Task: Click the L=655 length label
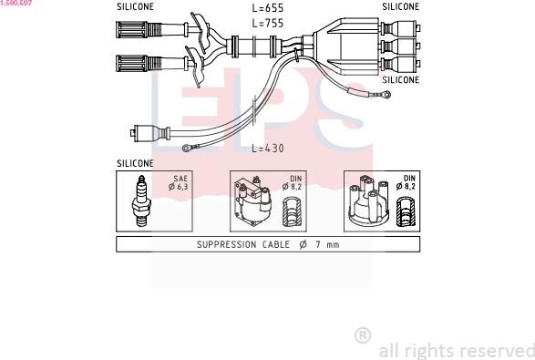268,8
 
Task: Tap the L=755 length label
268,23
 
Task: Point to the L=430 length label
268,148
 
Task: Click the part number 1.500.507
16,3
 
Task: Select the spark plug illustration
141,201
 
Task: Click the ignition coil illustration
252,201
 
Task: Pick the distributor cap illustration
368,201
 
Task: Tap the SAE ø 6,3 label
179,182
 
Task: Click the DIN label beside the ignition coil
296,179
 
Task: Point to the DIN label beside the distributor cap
409,179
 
